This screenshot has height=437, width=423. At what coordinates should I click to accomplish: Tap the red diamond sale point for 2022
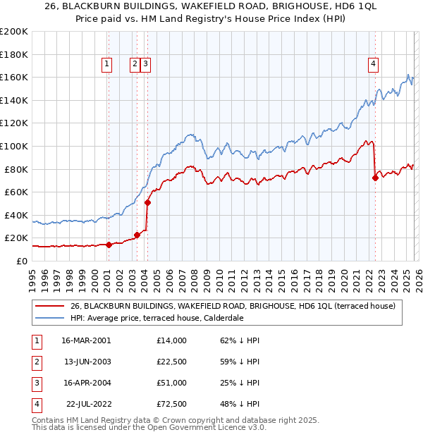click(x=375, y=178)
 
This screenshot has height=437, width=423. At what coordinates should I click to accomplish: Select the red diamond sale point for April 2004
click(x=147, y=202)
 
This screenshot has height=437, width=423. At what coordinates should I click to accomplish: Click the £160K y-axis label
click(x=14, y=77)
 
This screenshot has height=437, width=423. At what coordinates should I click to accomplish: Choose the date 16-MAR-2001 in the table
click(x=85, y=340)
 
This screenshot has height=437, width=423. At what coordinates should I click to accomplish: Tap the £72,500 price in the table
click(x=172, y=404)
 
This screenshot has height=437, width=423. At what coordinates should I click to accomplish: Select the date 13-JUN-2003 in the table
click(x=85, y=362)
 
